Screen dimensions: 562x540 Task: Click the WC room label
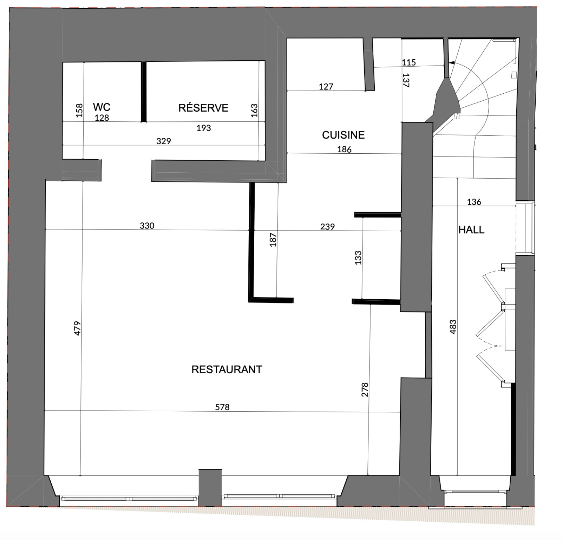pos(102,107)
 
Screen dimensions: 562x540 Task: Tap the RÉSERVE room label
pos(203,108)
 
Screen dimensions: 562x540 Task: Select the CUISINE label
pos(343,135)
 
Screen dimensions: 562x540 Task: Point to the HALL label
pos(471,230)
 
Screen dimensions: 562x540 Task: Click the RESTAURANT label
pos(227,369)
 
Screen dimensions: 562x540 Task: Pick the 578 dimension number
pos(222,407)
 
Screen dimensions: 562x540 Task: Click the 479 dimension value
pos(77,328)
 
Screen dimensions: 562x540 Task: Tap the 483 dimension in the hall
pos(453,327)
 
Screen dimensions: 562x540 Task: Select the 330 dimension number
pos(147,226)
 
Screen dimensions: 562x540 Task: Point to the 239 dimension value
pos(327,227)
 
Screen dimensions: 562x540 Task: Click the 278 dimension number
pos(365,389)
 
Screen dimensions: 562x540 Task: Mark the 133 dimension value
pos(358,258)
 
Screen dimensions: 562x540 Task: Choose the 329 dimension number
pos(164,141)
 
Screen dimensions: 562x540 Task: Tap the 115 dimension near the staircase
pos(409,62)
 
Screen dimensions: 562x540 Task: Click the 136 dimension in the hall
pos(474,202)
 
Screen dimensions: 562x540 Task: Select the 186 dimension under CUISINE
pos(344,149)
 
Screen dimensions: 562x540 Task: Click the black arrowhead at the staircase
pos(452,64)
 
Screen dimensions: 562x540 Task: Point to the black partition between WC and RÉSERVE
pos(144,92)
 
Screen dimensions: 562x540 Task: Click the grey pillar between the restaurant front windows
pos(210,487)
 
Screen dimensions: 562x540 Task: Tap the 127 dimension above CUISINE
pos(326,87)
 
